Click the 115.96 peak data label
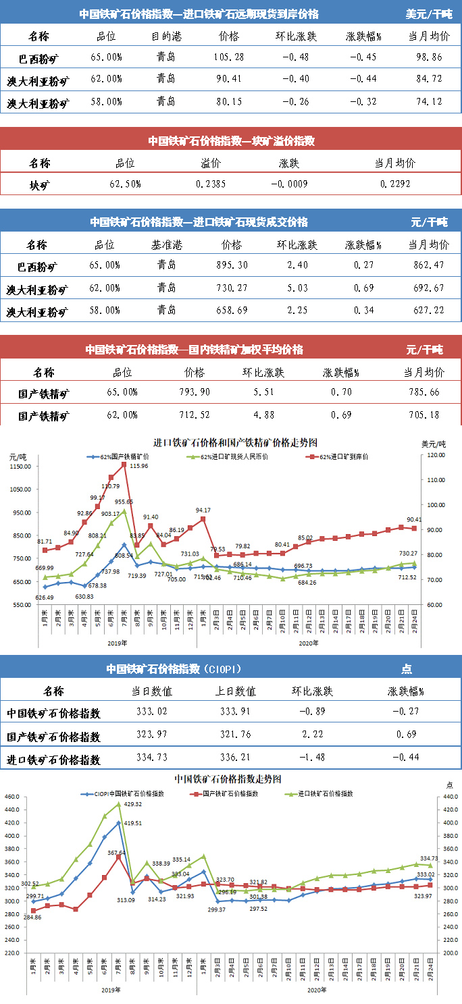pyautogui.click(x=139, y=467)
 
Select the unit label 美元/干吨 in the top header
pyautogui.click(x=429, y=14)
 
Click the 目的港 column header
pyautogui.click(x=165, y=36)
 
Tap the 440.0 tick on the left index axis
pyautogui.click(x=14, y=797)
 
